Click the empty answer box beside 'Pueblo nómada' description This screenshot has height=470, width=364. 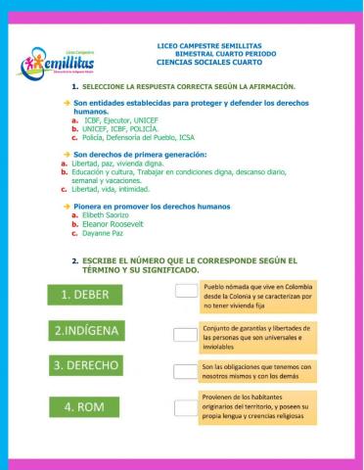(186, 290)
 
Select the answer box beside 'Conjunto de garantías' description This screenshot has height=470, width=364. (186, 335)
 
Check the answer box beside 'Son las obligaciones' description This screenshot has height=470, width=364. (186, 370)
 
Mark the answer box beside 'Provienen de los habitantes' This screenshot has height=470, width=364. (186, 407)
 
